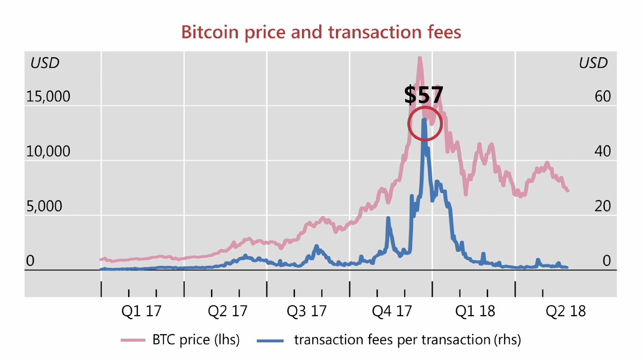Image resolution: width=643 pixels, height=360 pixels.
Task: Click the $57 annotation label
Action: [423, 95]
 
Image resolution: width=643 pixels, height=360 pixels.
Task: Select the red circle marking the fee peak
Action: [425, 124]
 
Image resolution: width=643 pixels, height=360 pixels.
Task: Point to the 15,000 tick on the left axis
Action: [48, 96]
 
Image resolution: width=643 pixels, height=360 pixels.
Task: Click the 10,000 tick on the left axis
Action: [48, 151]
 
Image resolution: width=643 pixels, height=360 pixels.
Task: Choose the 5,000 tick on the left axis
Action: [44, 206]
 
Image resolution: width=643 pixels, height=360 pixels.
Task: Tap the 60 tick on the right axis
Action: [602, 96]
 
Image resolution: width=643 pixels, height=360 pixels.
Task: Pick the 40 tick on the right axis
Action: [602, 151]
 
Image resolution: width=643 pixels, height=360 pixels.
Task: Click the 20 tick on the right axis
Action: [602, 206]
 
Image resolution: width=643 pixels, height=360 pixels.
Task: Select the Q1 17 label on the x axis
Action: [141, 311]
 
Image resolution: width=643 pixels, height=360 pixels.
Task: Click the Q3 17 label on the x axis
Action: [306, 311]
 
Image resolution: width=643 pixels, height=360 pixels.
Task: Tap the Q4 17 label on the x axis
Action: [392, 311]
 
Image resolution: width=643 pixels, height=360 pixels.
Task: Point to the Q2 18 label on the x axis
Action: [565, 311]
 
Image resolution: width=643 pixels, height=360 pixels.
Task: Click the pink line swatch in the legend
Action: [133, 340]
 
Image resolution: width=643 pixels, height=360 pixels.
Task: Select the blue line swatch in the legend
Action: [270, 341]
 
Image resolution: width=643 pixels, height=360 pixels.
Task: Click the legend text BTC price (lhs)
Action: [196, 340]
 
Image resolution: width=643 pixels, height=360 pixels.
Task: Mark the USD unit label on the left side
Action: [45, 63]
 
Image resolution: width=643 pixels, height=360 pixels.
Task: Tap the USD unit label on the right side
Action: [593, 63]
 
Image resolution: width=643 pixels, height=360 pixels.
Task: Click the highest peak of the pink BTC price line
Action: [420, 58]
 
